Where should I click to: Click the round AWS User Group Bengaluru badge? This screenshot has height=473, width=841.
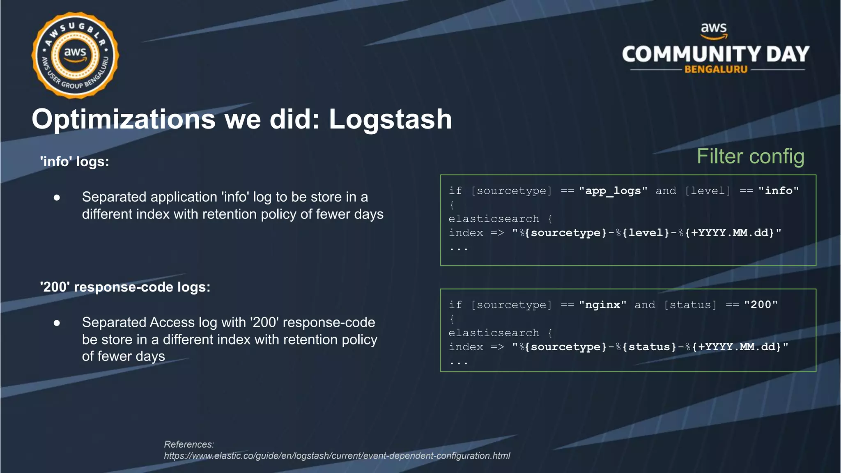[x=75, y=55]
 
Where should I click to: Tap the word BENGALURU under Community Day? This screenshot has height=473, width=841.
[x=716, y=69]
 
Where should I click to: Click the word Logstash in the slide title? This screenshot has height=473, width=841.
[x=390, y=119]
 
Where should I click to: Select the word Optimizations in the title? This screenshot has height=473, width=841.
[x=124, y=119]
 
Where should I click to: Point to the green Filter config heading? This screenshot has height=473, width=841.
[x=750, y=156]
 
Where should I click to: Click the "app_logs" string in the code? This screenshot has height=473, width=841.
[x=613, y=191]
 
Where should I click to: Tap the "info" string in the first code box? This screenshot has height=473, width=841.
[x=779, y=191]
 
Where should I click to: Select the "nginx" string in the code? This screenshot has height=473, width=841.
[x=602, y=305]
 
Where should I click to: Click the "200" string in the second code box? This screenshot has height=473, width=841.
[x=761, y=305]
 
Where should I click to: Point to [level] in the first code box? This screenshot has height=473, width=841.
[x=708, y=191]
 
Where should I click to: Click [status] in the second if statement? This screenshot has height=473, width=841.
[x=690, y=305]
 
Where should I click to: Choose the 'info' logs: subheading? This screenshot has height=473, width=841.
[x=75, y=161]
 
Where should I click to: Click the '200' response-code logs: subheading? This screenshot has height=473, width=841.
[x=125, y=287]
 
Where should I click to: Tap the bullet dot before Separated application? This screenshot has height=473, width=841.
[x=57, y=198]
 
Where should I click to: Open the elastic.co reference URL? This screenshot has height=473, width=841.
[x=337, y=456]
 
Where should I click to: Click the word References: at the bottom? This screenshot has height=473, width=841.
[x=189, y=444]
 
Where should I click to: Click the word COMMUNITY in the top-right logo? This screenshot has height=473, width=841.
[x=692, y=54]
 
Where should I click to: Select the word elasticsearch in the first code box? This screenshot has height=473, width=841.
[x=494, y=219]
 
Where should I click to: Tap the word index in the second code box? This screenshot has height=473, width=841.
[x=466, y=347]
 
